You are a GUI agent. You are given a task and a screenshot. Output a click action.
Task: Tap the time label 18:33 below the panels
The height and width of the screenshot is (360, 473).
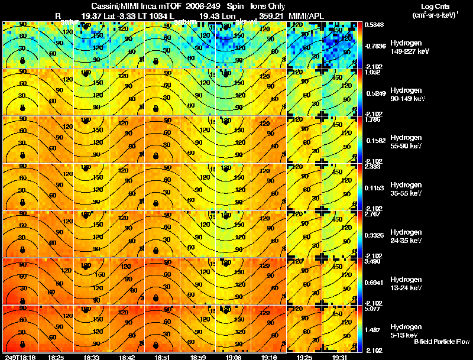[x=91, y=357]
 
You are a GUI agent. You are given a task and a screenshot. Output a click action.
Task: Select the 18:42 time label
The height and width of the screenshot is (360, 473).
[x=127, y=357]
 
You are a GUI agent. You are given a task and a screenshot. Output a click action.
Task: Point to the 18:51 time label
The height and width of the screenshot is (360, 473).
[x=161, y=357]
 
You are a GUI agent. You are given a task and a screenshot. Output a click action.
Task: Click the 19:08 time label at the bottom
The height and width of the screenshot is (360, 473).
[x=232, y=357]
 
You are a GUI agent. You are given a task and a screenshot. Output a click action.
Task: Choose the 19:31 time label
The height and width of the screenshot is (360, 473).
[x=340, y=357]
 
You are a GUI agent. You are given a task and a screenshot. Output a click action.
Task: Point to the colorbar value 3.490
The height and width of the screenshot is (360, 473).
[x=371, y=261]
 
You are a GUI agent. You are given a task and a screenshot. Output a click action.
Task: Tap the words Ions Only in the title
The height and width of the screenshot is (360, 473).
[x=268, y=5]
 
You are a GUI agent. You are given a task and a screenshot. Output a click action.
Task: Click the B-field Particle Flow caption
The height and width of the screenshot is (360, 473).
[x=442, y=341]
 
